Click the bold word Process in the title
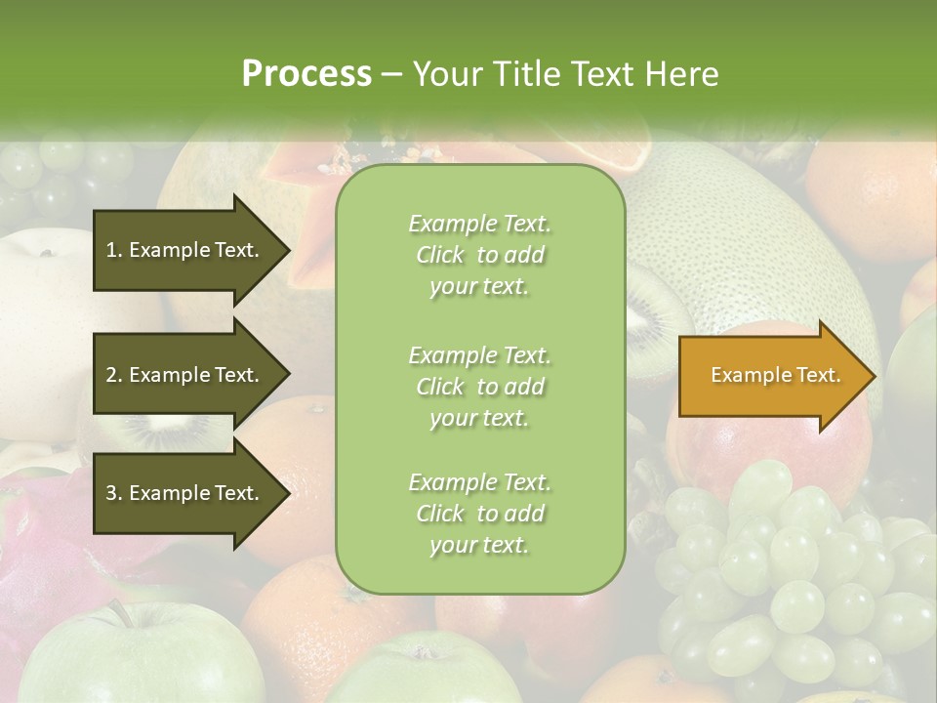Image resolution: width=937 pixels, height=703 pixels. (x=306, y=74)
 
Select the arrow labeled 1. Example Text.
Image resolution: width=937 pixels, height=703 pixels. (x=185, y=250)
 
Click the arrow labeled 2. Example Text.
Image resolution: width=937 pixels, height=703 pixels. (x=185, y=375)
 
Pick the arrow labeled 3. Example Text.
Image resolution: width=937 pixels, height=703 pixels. (x=185, y=493)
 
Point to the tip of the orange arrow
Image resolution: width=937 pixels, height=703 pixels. (x=873, y=376)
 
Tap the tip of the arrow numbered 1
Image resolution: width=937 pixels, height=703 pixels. (x=288, y=250)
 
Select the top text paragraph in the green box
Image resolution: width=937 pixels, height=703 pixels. (x=479, y=255)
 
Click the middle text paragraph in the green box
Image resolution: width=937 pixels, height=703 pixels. (x=479, y=386)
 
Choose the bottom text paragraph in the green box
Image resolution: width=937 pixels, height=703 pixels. (x=479, y=514)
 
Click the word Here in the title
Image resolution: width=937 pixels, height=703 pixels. (x=682, y=74)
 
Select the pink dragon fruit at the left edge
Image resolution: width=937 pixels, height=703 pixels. (x=39, y=557)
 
